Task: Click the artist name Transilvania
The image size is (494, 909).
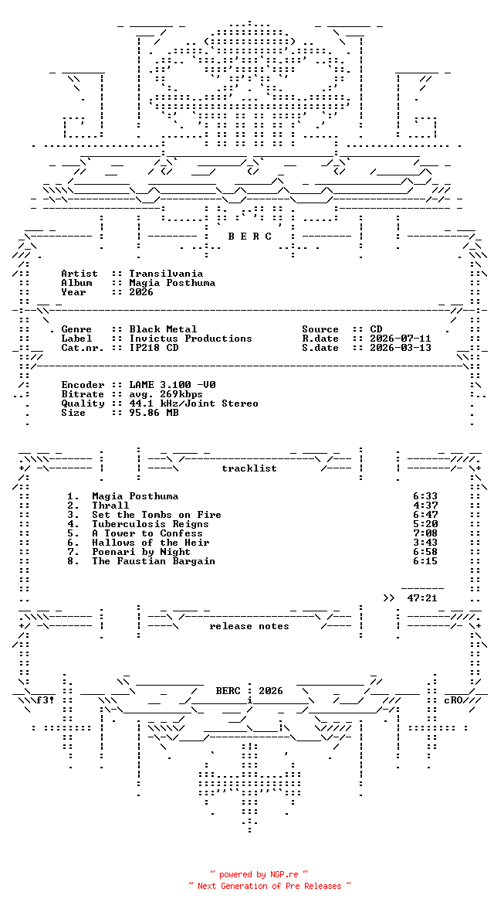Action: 166,274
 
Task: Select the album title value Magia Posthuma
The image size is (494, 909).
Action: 172,283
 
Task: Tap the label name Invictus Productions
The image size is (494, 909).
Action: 191,339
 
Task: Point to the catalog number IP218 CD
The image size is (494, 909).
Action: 154,348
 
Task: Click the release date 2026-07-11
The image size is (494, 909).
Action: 400,339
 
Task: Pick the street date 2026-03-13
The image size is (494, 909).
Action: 400,348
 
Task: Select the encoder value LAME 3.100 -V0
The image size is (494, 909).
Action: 172,385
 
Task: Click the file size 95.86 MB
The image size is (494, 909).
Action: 154,413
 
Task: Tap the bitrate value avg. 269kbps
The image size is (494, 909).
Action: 166,394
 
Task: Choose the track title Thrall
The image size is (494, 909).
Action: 110,506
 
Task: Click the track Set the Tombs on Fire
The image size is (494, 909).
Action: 157,515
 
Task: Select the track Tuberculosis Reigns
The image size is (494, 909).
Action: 150,524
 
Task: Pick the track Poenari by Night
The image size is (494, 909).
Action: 140,552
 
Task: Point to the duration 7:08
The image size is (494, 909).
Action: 425,533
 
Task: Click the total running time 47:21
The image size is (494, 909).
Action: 422,598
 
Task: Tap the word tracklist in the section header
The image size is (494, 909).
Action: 249,468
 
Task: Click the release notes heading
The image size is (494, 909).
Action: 249,626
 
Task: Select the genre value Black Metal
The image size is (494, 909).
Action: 163,329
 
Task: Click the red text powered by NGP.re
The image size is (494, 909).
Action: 259,874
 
